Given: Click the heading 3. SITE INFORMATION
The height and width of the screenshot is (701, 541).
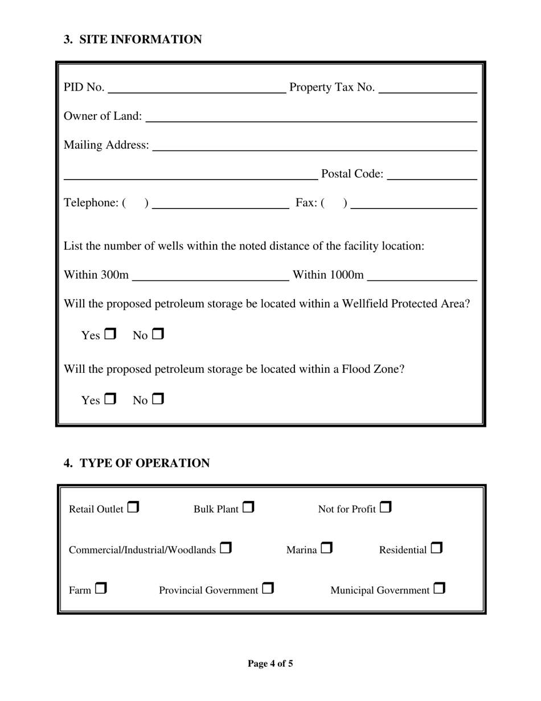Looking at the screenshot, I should point(133,39).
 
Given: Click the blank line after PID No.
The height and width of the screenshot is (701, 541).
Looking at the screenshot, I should point(196,88).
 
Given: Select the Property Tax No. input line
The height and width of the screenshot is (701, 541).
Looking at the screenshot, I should point(427,88).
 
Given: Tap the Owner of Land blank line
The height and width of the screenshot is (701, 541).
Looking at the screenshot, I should point(311,117).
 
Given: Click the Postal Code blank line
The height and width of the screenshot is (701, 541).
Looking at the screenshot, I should point(432,174).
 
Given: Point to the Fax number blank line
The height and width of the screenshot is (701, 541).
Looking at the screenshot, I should point(414,204).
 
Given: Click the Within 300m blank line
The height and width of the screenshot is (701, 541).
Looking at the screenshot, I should point(210,276).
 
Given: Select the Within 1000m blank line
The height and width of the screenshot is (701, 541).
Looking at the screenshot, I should point(422,276).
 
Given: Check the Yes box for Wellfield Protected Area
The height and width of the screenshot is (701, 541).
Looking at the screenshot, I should point(110,335).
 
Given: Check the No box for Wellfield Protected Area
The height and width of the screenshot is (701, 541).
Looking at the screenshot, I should point(158,335).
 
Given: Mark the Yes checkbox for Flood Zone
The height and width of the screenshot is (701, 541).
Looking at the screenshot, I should point(110,400).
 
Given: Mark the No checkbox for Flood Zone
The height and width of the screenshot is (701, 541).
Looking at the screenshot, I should point(158,400).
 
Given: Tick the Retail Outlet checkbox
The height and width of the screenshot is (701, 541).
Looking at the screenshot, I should point(133,507).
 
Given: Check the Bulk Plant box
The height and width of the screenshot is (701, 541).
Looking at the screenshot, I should point(248,507).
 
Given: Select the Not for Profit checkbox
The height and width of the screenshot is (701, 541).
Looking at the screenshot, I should point(386,507).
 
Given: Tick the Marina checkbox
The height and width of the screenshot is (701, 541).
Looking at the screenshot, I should point(326,548).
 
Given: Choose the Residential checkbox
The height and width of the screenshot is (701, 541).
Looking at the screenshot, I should point(436,548).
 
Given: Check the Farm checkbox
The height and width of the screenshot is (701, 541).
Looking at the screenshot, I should point(101,589).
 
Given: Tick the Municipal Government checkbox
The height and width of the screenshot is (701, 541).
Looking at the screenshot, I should point(439,589).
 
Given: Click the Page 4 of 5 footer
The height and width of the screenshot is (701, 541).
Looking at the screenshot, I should point(270,663).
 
